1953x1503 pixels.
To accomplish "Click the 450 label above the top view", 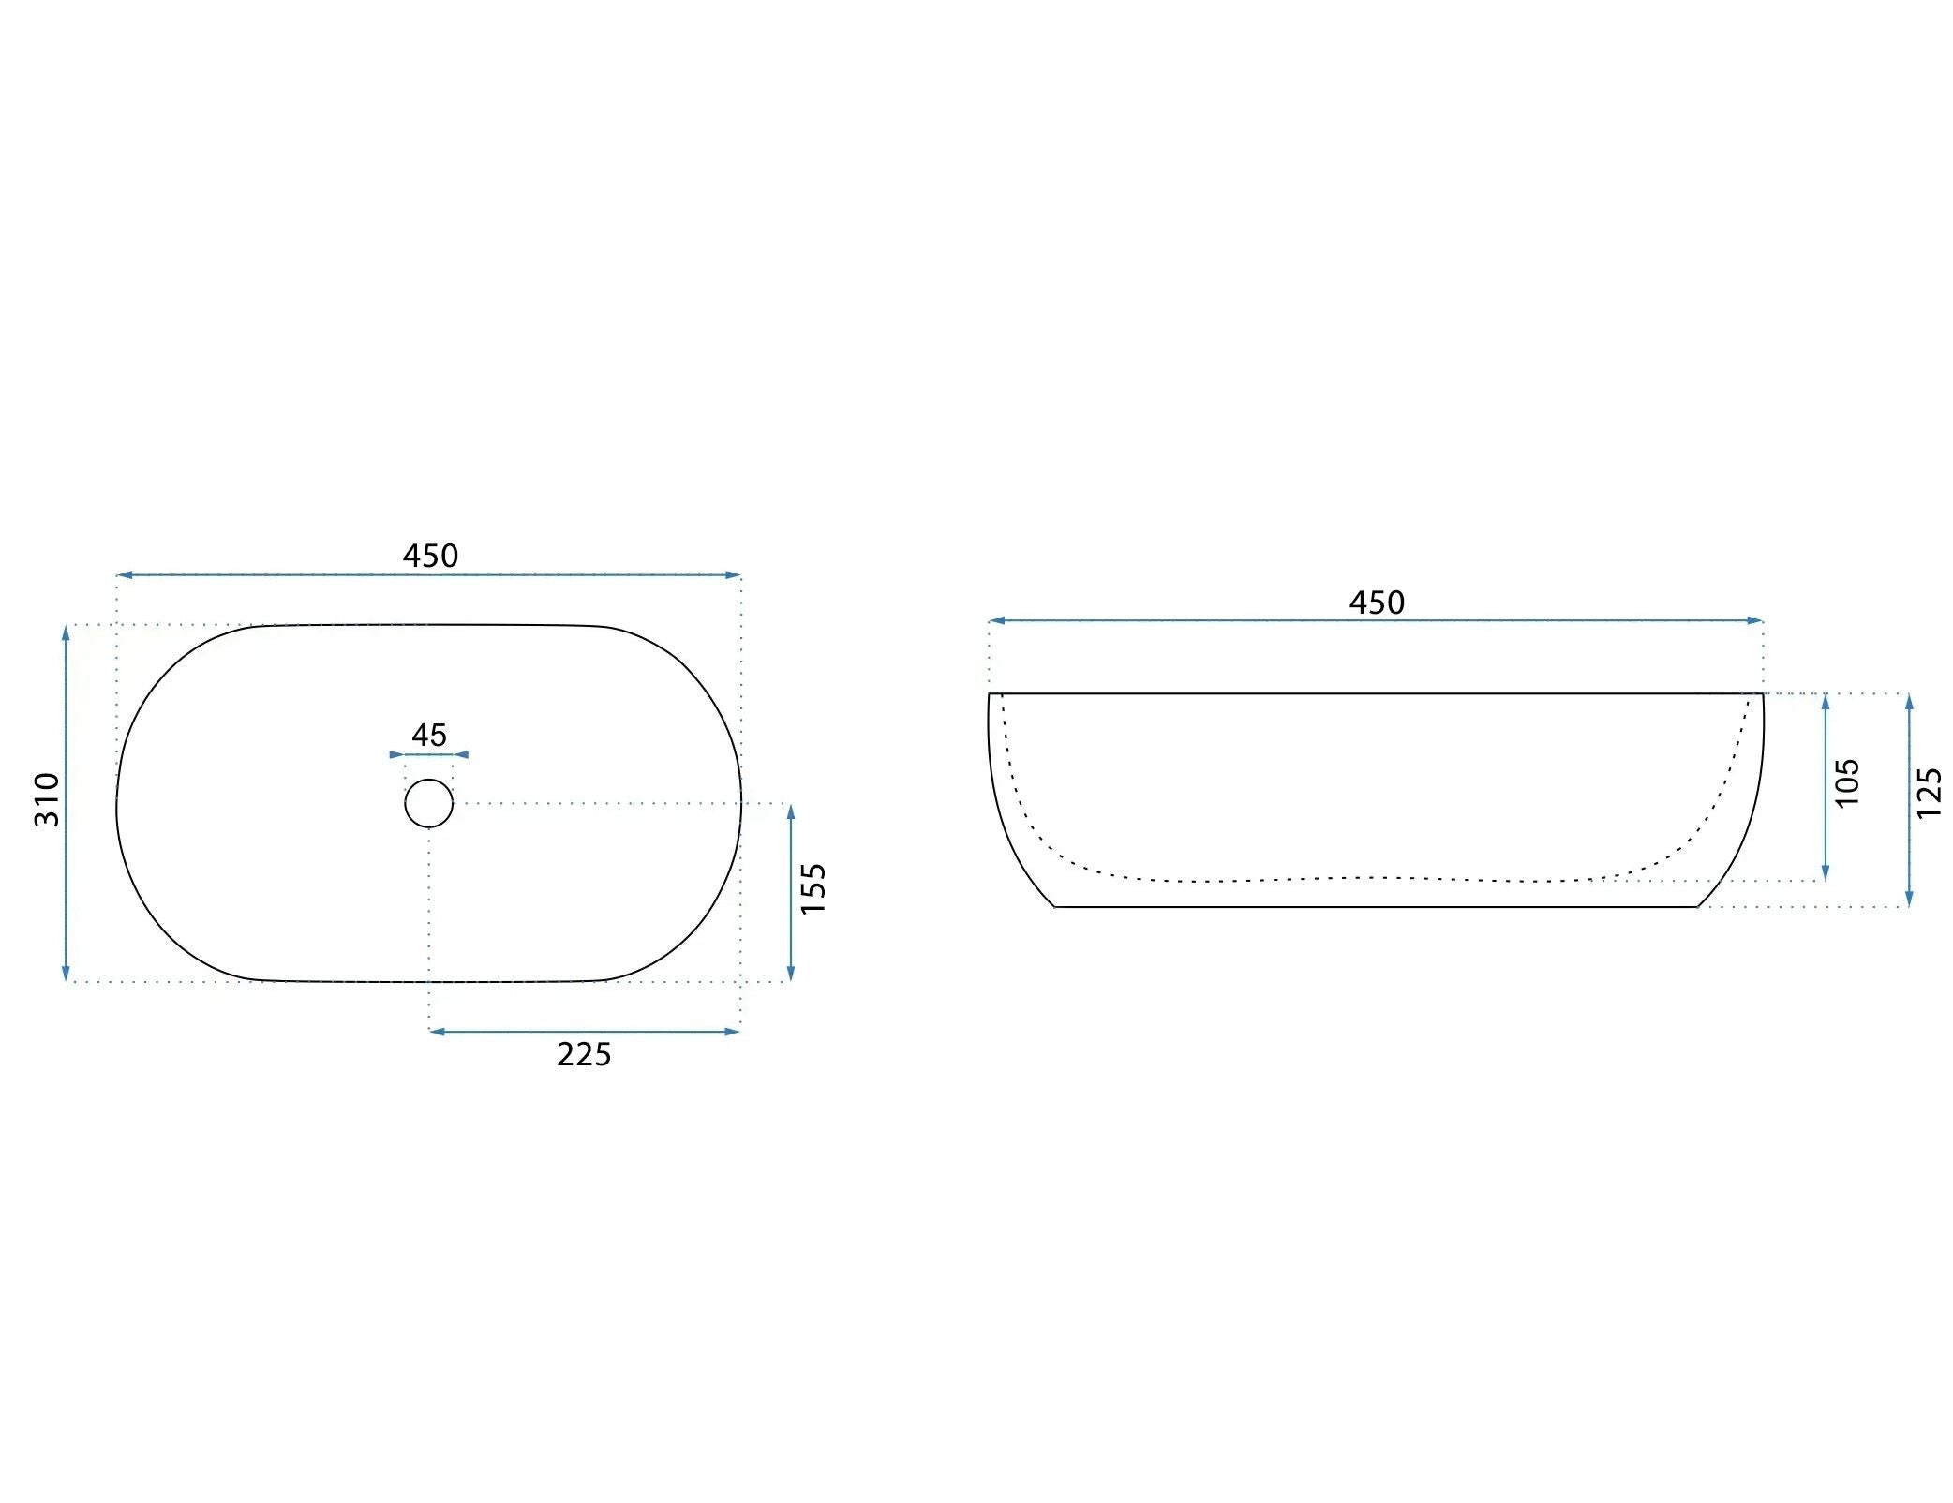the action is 430,556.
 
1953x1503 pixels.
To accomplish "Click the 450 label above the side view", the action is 1377,603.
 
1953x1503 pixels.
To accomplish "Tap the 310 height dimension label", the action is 47,799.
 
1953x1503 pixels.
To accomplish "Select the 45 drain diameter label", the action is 429,735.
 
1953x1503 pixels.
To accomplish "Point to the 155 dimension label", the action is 813,888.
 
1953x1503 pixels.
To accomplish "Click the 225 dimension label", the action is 584,1055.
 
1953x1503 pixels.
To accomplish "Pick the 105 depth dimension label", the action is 1846,783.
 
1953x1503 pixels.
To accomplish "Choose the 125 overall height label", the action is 1929,793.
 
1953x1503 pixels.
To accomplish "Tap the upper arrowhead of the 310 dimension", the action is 66,632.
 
